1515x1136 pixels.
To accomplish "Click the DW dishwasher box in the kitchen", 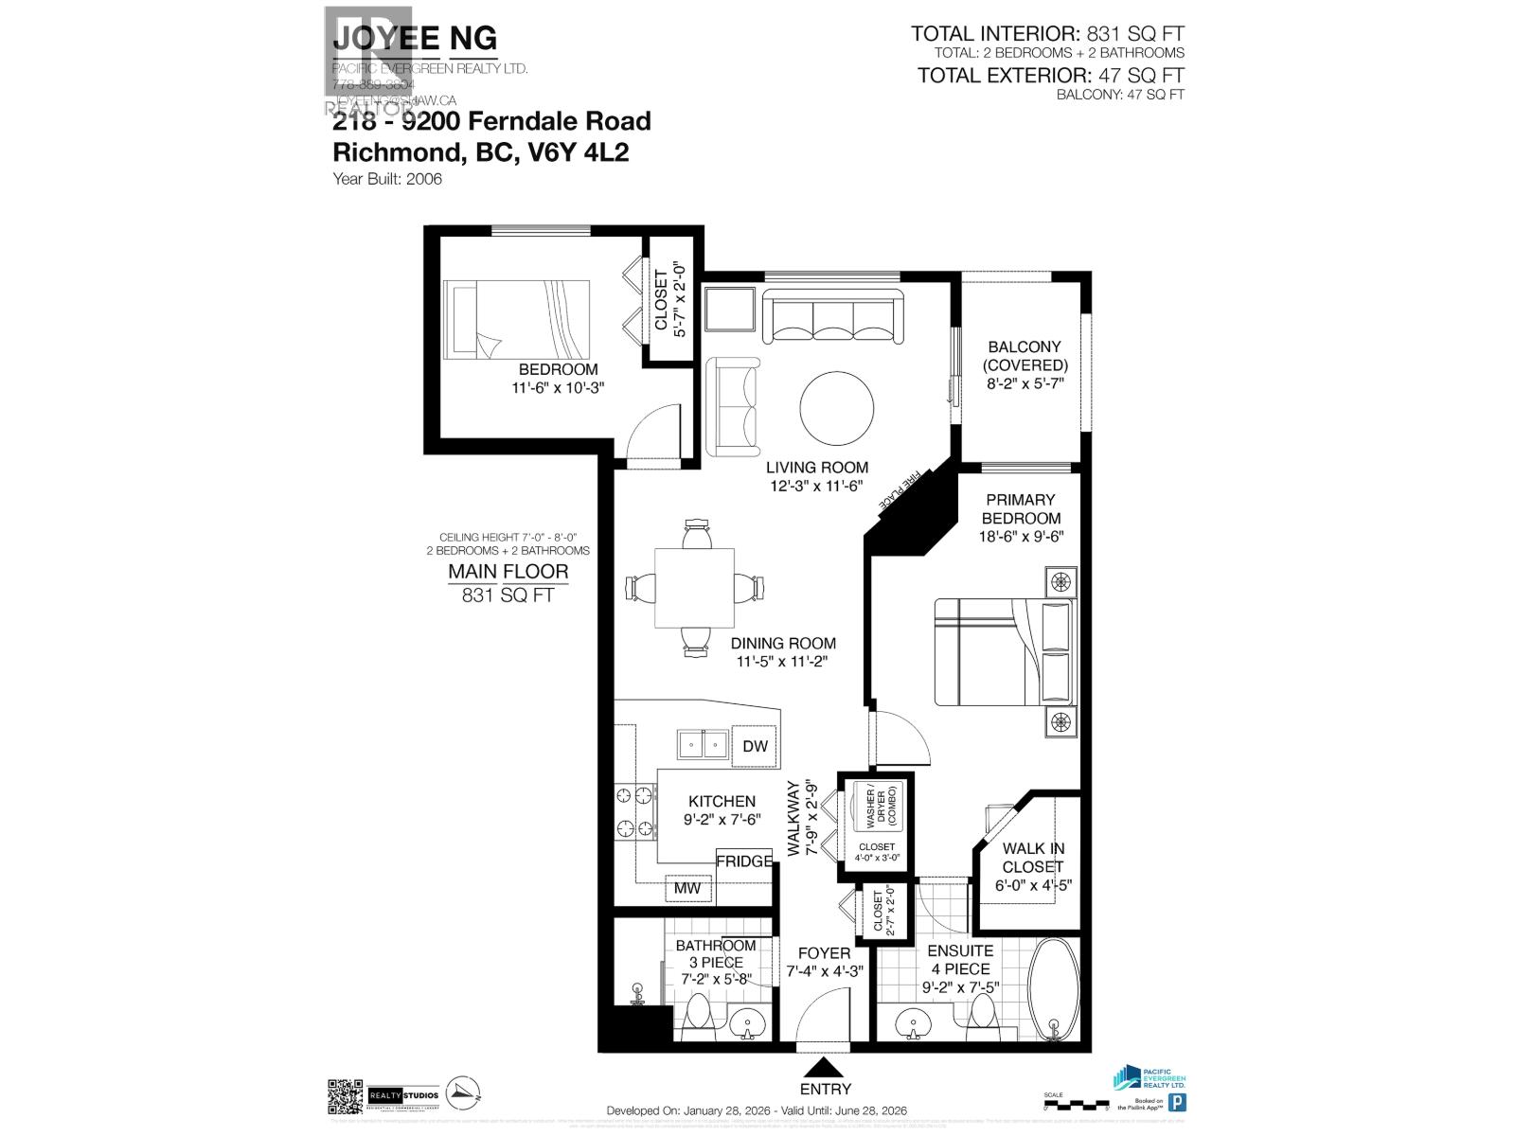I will [x=755, y=746].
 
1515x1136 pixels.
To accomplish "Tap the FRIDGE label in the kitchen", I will [x=743, y=861].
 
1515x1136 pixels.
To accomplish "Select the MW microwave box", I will [x=688, y=888].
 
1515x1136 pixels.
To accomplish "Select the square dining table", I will [x=694, y=588].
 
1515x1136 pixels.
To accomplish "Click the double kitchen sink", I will [x=702, y=745].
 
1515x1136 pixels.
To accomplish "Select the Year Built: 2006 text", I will [x=387, y=178].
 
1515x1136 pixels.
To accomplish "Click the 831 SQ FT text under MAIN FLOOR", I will [x=508, y=595].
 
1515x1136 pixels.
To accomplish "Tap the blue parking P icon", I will [x=1178, y=1102].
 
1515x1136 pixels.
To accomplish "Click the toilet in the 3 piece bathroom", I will [x=699, y=1015].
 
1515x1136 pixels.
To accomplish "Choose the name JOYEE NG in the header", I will [x=415, y=39].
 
